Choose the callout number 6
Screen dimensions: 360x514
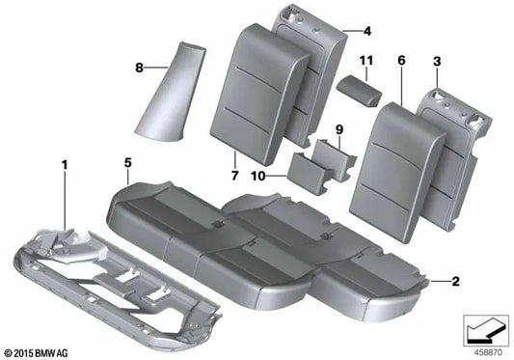400,61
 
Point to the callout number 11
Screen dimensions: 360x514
365,62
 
